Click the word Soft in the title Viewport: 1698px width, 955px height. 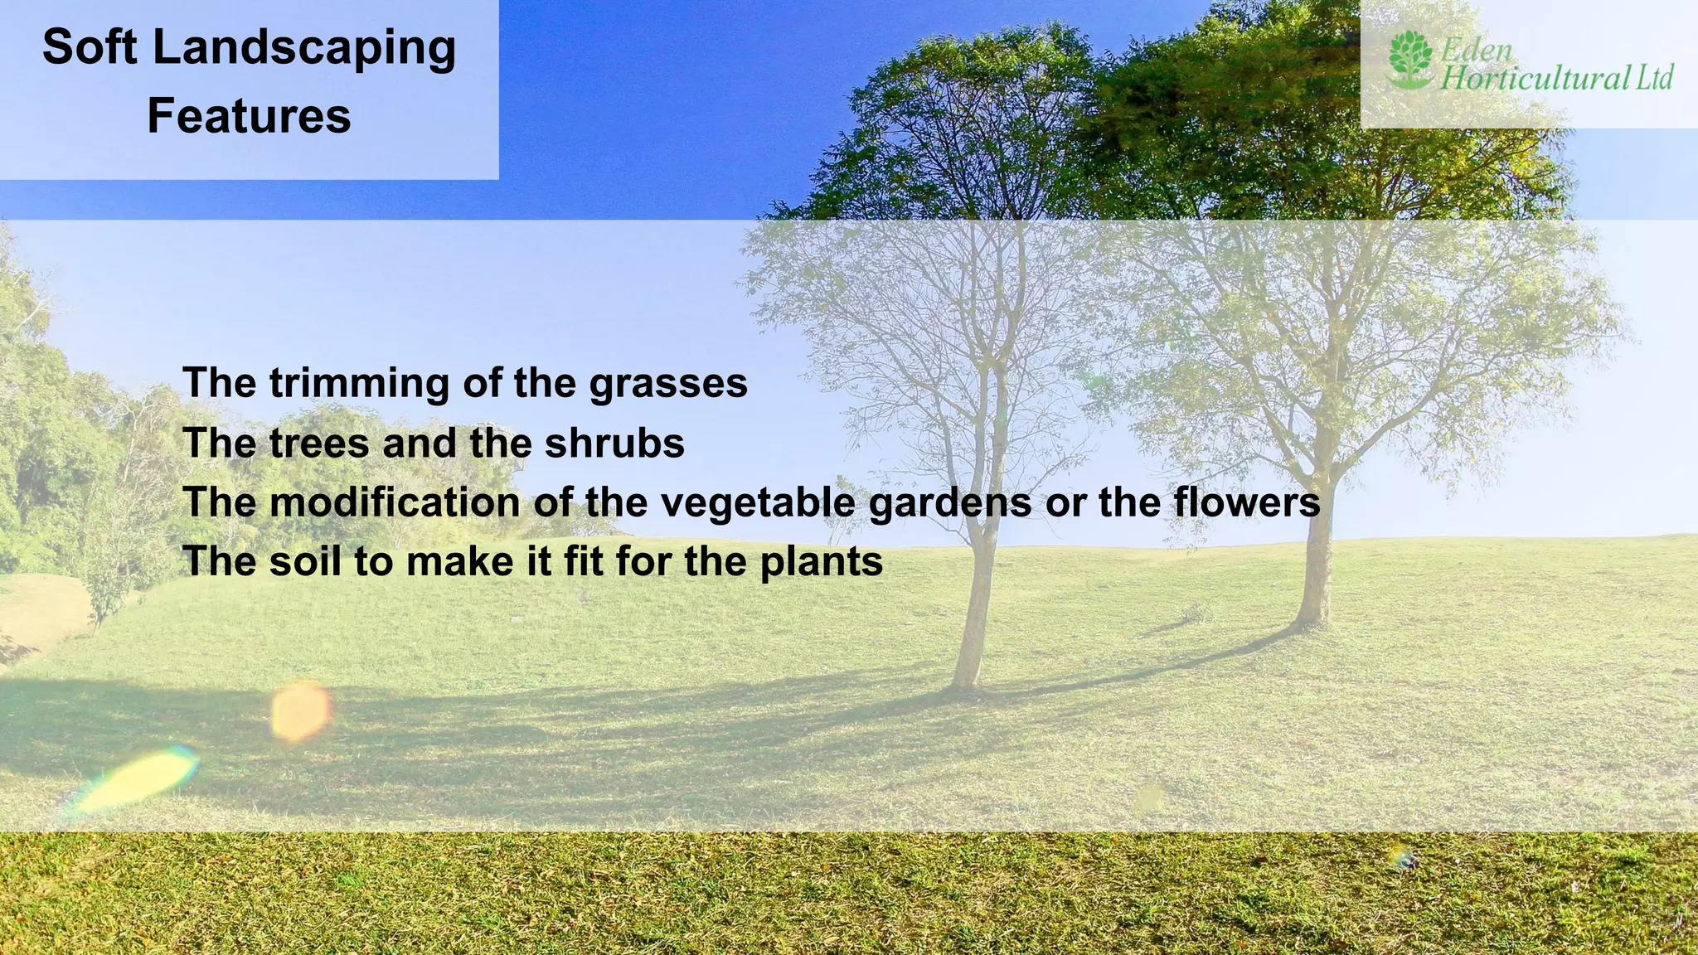click(x=89, y=47)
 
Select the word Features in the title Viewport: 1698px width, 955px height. click(x=249, y=115)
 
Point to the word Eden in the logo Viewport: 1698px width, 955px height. click(x=1477, y=50)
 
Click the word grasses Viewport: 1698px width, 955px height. click(x=668, y=384)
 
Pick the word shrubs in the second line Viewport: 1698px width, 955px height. click(x=614, y=443)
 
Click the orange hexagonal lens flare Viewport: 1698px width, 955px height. click(x=301, y=710)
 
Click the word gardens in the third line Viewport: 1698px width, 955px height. click(x=949, y=502)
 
